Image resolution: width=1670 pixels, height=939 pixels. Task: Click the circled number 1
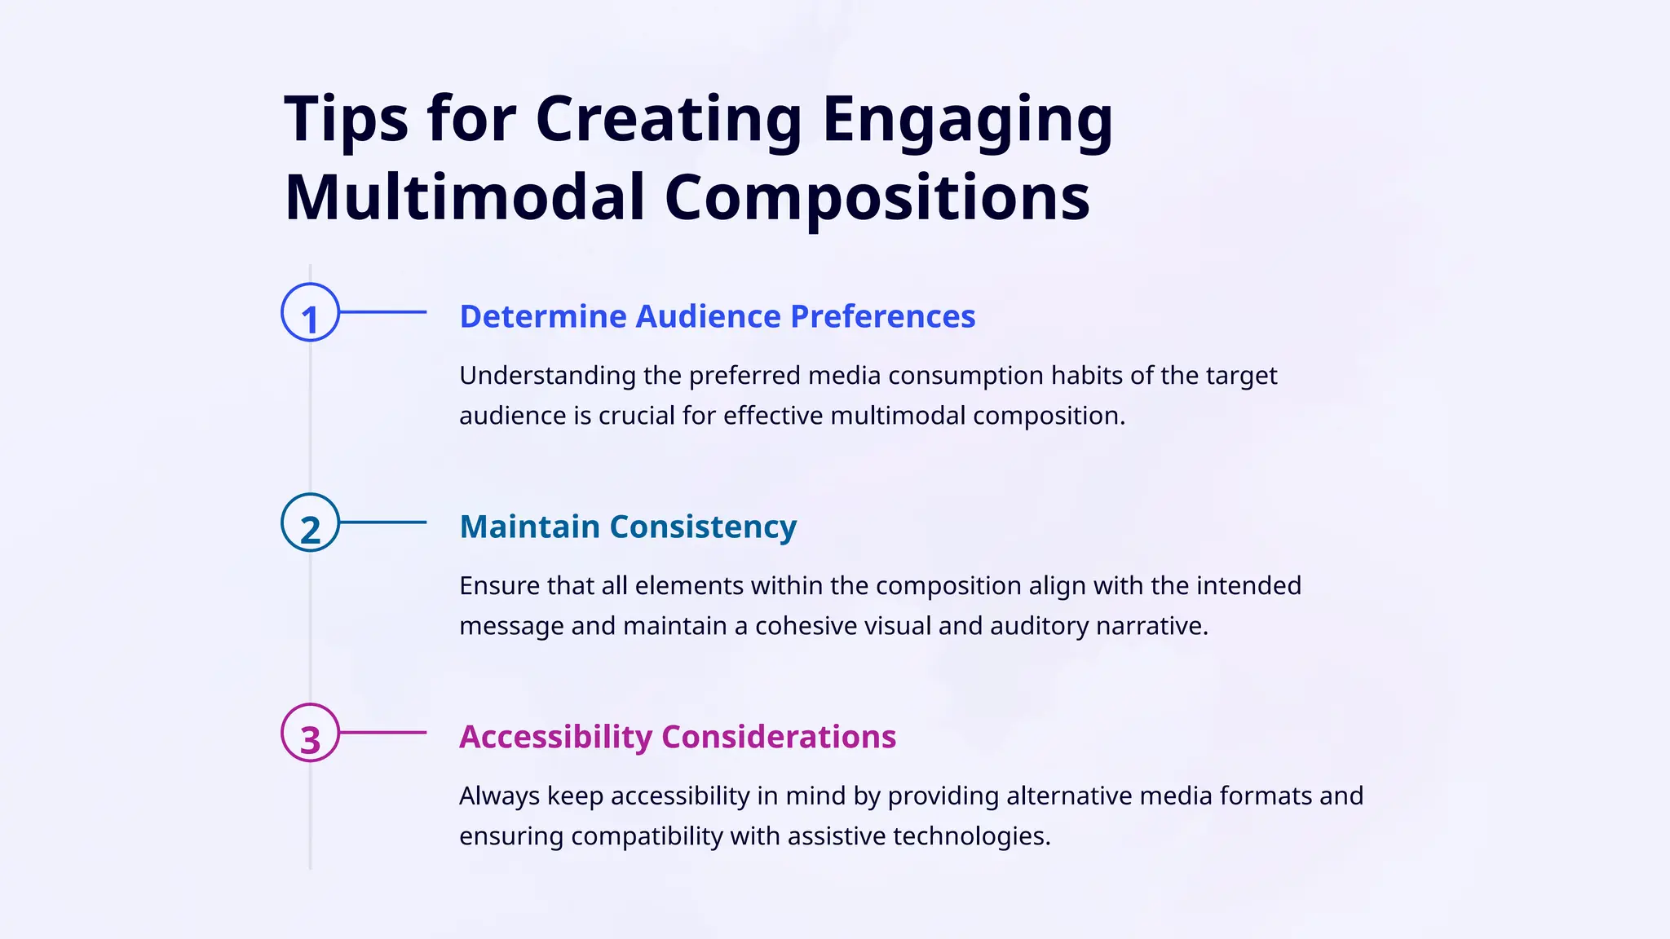pos(310,312)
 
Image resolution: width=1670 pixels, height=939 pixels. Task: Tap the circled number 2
pos(310,522)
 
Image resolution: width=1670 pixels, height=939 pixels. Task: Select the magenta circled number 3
pos(310,733)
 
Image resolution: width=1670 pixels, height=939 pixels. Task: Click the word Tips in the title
pos(346,120)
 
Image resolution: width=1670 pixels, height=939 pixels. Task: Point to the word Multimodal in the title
pos(465,198)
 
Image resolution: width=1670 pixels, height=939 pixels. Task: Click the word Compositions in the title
pos(877,198)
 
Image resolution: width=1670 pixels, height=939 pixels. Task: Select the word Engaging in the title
pos(967,120)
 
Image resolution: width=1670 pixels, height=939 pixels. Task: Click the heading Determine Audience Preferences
pos(717,316)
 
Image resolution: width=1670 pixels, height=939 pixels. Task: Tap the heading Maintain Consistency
pos(628,527)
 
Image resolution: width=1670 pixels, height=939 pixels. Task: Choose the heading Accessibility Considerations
pos(677,737)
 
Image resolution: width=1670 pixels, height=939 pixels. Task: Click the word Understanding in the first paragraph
pos(547,376)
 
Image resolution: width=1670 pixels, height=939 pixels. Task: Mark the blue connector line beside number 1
pos(383,312)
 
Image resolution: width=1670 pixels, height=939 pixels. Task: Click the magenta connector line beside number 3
pos(383,733)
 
